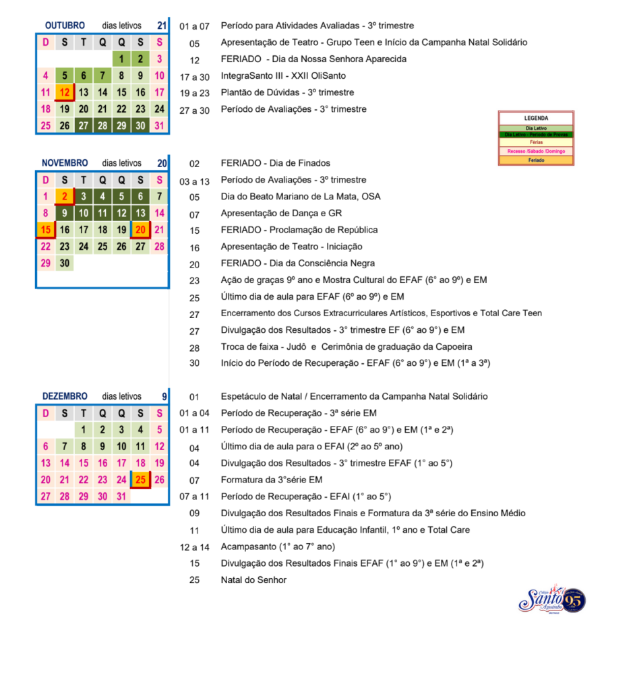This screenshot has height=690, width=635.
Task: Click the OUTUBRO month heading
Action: pyautogui.click(x=65, y=26)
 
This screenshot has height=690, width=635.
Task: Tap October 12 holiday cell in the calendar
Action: pyautogui.click(x=65, y=92)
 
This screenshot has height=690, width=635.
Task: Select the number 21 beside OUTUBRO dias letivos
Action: pyautogui.click(x=162, y=26)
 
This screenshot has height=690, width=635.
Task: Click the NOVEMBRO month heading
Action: pyautogui.click(x=65, y=163)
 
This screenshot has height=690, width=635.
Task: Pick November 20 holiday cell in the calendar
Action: pyautogui.click(x=140, y=230)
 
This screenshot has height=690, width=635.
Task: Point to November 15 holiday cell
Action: pyautogui.click(x=46, y=230)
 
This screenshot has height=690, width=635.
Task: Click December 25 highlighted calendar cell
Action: pyautogui.click(x=140, y=480)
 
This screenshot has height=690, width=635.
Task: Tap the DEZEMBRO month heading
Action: pyautogui.click(x=65, y=396)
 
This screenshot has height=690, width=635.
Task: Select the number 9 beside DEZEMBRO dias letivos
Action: pyautogui.click(x=164, y=396)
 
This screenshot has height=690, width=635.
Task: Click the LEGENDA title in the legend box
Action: pyautogui.click(x=536, y=118)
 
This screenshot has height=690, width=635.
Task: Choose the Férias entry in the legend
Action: pyautogui.click(x=536, y=143)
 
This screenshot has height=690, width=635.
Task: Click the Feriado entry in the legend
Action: pyautogui.click(x=536, y=160)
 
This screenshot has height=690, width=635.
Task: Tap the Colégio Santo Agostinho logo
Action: pyautogui.click(x=551, y=599)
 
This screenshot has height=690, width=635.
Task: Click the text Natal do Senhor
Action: pyautogui.click(x=253, y=579)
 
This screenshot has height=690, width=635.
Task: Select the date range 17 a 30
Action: pyautogui.click(x=195, y=77)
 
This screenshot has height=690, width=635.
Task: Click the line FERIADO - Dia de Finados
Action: pyautogui.click(x=275, y=163)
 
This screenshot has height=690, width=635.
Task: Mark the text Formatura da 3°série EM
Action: pyautogui.click(x=272, y=480)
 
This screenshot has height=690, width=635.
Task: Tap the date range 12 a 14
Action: pyautogui.click(x=195, y=546)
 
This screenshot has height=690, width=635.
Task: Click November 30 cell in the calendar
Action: pyautogui.click(x=65, y=263)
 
